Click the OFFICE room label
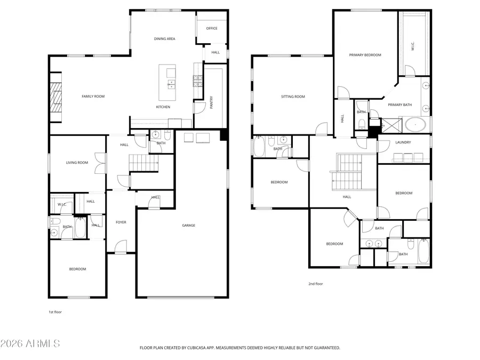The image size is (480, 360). click(x=212, y=28)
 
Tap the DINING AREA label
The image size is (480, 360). click(x=164, y=39)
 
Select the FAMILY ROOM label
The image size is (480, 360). click(x=93, y=97)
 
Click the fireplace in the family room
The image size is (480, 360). click(x=56, y=97)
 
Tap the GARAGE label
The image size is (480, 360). click(x=188, y=226)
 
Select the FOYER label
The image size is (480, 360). click(x=121, y=222)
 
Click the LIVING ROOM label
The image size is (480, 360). click(x=77, y=163)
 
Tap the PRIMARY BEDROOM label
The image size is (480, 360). click(x=365, y=55)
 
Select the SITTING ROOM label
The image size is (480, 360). click(x=293, y=97)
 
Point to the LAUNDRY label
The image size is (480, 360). click(x=403, y=142)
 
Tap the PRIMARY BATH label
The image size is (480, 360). click(x=399, y=105)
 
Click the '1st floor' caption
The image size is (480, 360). click(x=55, y=312)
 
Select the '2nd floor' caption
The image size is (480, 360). click(x=315, y=284)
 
